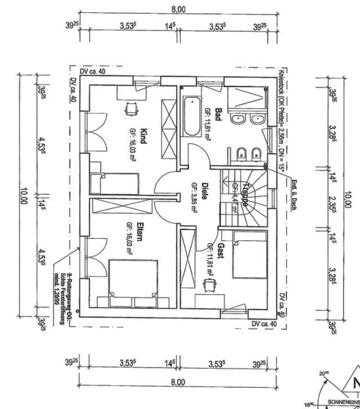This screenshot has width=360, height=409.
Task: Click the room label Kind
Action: pyautogui.click(x=143, y=136)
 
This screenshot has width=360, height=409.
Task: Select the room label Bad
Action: pyautogui.click(x=218, y=114)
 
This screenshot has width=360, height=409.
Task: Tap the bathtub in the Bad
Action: pyautogui.click(x=192, y=116)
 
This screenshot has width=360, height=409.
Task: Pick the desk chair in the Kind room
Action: pyautogui.click(x=131, y=109)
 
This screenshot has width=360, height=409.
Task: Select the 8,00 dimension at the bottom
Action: pyautogui.click(x=178, y=382)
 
